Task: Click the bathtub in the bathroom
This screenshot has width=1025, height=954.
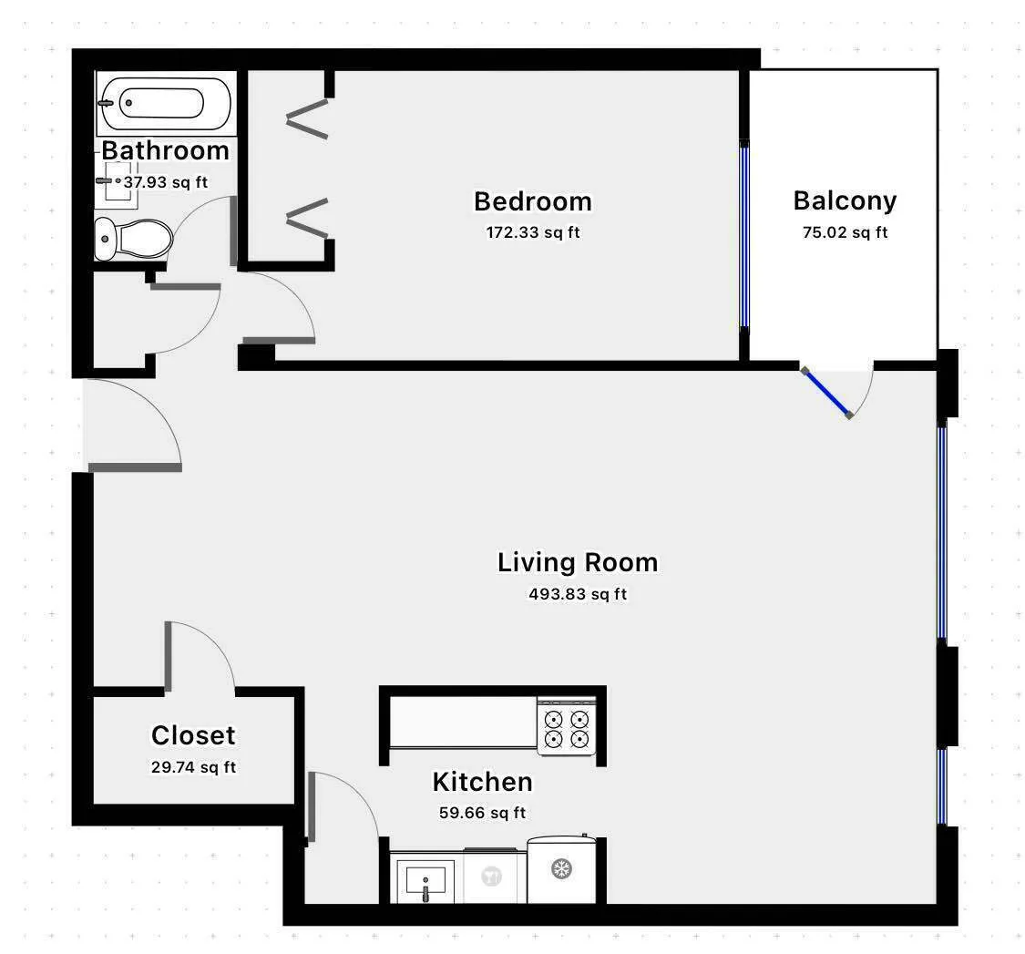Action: pos(165,103)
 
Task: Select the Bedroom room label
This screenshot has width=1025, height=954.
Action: pos(532,200)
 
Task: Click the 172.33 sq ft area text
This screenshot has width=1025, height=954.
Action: pos(532,232)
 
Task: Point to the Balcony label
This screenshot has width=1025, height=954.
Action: pos(844,200)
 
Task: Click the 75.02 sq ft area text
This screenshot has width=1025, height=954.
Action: pos(844,232)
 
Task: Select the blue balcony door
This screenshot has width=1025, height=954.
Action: pos(827,393)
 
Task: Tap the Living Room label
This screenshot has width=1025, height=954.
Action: pos(577,562)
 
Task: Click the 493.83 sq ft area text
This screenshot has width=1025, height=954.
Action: pos(577,595)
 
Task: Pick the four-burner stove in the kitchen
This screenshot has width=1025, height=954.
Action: pos(566,727)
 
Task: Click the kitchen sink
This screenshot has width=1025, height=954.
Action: pos(425,879)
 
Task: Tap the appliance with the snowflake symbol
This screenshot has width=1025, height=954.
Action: pos(561,869)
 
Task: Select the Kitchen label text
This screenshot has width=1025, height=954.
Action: pos(481,782)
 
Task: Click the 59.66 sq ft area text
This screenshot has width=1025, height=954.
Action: pos(481,813)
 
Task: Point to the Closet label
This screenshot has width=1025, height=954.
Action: pos(193,735)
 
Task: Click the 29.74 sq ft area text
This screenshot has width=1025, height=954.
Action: pos(193,767)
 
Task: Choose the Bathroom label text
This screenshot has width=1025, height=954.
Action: pos(165,150)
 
